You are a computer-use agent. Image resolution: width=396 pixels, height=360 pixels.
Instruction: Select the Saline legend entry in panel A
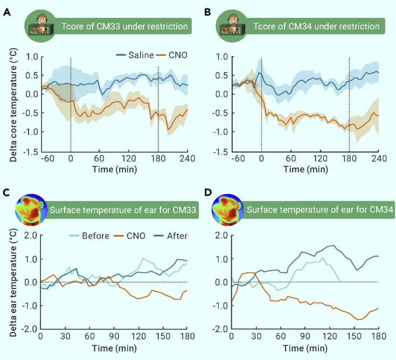[128, 55]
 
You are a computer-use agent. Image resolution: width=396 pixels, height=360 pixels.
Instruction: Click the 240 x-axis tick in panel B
[379, 159]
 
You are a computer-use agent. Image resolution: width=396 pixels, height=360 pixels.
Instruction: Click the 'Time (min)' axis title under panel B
[305, 170]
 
